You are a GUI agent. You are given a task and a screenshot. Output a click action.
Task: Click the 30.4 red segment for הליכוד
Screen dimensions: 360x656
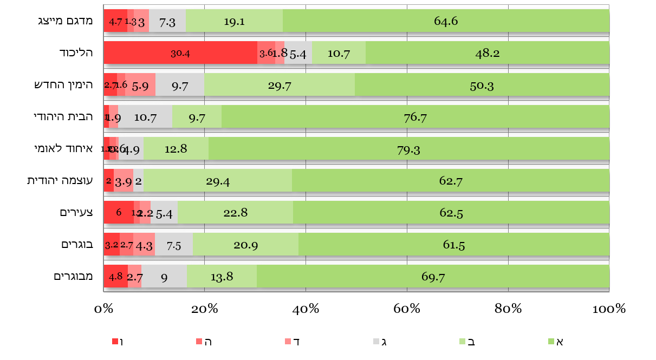(180, 53)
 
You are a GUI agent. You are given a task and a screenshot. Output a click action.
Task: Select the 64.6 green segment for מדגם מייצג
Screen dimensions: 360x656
(446, 21)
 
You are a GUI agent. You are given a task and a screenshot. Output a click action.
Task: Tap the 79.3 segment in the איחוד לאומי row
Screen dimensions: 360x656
(408, 149)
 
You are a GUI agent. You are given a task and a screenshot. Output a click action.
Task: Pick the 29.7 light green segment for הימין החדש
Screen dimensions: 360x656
(279, 85)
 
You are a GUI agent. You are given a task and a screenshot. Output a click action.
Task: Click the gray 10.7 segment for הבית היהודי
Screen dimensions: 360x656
(145, 117)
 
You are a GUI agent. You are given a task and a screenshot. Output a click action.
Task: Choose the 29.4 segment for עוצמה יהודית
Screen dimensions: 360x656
(218, 181)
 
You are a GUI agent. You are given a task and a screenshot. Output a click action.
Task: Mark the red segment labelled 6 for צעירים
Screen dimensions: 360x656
(118, 213)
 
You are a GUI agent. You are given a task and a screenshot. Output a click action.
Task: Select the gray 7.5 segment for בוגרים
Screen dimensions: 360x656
(173, 245)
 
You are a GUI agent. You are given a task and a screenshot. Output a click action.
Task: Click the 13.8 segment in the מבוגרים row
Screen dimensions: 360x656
(222, 277)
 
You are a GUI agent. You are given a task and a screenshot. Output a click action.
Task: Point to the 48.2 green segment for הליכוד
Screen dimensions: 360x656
(487, 53)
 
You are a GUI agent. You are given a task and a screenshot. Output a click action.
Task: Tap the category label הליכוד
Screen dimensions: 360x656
(76, 53)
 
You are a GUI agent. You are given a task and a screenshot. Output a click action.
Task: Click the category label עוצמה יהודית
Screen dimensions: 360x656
(60, 180)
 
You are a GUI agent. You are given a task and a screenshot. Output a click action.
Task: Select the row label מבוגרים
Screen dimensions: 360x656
(74, 276)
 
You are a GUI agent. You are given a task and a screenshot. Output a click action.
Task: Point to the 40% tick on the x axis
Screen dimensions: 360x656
(306, 309)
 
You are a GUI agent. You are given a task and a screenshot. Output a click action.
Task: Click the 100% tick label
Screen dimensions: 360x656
(609, 309)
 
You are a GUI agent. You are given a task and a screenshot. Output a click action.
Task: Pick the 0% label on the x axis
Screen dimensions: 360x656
(103, 309)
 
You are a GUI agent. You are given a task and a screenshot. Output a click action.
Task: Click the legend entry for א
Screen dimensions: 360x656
(556, 342)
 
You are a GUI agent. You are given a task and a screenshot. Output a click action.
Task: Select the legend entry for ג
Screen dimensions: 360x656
(380, 342)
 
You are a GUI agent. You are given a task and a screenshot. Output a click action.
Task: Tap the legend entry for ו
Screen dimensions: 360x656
(118, 342)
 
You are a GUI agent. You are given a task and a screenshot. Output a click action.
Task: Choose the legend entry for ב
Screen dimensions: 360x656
(468, 342)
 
